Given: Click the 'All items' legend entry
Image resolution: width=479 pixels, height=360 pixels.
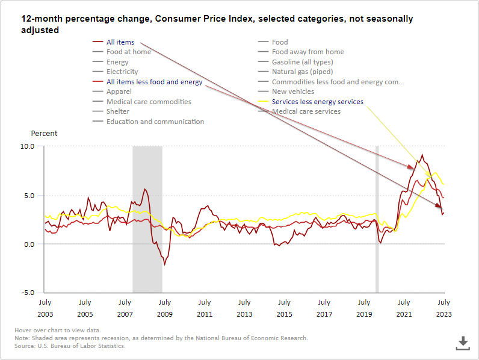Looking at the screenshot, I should (120, 42).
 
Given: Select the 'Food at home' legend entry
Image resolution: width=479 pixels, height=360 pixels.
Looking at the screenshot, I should (128, 52).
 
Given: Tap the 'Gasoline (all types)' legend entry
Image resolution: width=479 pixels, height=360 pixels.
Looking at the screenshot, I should (302, 62).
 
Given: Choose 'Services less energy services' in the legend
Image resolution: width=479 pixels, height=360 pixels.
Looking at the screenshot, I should (317, 102).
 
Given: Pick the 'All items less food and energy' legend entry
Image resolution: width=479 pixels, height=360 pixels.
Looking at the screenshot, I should (154, 82).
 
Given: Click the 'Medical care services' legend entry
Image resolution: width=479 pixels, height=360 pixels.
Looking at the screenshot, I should (306, 111).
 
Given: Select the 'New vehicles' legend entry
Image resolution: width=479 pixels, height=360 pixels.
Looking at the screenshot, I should (292, 92).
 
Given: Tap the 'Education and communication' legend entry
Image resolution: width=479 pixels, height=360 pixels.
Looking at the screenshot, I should (155, 122).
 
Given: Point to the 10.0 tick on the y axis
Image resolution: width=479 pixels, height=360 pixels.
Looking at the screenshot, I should (28, 146).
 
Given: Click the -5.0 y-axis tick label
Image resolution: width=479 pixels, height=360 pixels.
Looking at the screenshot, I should (28, 293).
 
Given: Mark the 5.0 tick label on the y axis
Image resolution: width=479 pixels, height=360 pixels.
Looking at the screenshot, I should (29, 196).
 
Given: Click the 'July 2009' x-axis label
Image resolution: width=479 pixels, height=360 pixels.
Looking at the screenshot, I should (165, 308).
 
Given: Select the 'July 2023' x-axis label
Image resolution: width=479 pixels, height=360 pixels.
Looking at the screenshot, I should (443, 308).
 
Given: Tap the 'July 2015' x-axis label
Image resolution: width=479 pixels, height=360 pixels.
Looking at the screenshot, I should (284, 308).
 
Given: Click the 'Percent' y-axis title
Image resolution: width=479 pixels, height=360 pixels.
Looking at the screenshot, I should (44, 133).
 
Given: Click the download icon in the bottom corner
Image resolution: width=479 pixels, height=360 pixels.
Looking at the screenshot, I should (462, 343).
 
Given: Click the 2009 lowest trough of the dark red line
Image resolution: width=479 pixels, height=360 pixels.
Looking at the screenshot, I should (165, 264).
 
